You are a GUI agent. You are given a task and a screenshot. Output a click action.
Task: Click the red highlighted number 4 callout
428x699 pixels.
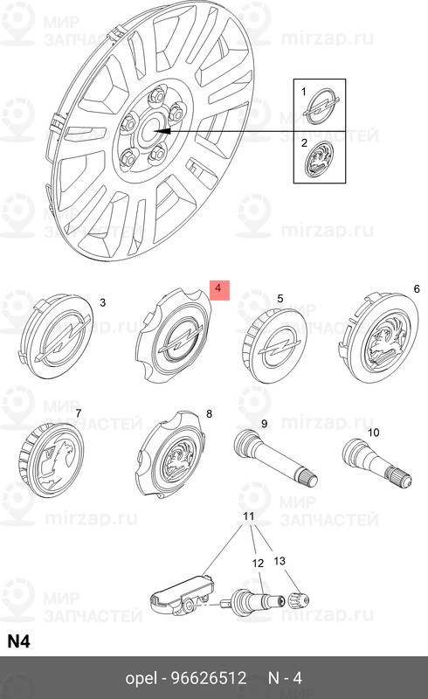click(218, 290)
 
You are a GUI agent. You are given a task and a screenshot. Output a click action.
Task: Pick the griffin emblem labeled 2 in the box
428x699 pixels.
click(319, 159)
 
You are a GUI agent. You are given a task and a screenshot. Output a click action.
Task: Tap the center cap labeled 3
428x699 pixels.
click(57, 336)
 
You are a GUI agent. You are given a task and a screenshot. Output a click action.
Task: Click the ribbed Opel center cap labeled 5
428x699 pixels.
click(272, 345)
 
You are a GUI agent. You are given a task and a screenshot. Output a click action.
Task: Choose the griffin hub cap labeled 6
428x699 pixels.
click(380, 336)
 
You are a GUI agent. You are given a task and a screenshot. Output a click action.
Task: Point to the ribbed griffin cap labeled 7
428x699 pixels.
click(52, 460)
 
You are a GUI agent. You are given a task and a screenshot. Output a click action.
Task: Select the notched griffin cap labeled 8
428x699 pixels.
click(170, 454)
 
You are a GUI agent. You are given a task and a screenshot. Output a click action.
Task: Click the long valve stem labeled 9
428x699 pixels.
click(275, 457)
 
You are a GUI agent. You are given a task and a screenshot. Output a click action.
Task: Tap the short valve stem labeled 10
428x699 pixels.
click(376, 464)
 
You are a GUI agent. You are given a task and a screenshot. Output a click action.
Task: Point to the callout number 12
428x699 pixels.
click(259, 564)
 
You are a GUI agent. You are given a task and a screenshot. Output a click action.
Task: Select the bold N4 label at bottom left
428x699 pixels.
click(18, 641)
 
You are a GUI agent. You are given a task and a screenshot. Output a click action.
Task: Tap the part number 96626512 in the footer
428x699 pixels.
click(209, 678)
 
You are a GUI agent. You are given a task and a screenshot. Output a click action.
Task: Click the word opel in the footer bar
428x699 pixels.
click(142, 679)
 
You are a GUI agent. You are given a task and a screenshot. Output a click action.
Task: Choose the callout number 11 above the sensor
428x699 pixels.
click(249, 516)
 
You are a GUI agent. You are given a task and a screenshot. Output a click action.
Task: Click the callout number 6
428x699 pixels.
click(417, 289)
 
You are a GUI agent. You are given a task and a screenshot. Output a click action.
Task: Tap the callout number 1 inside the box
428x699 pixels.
click(304, 92)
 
